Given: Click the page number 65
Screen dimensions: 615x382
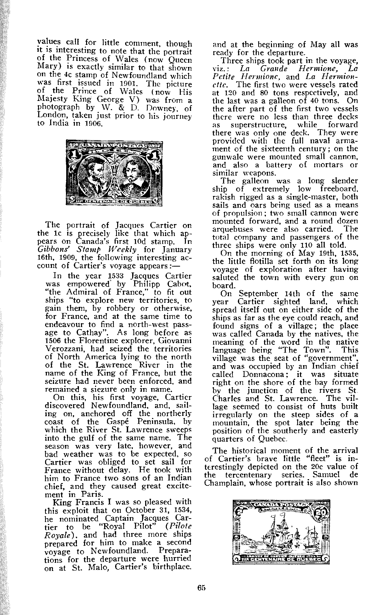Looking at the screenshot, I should pyautogui.click(x=201, y=588).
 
